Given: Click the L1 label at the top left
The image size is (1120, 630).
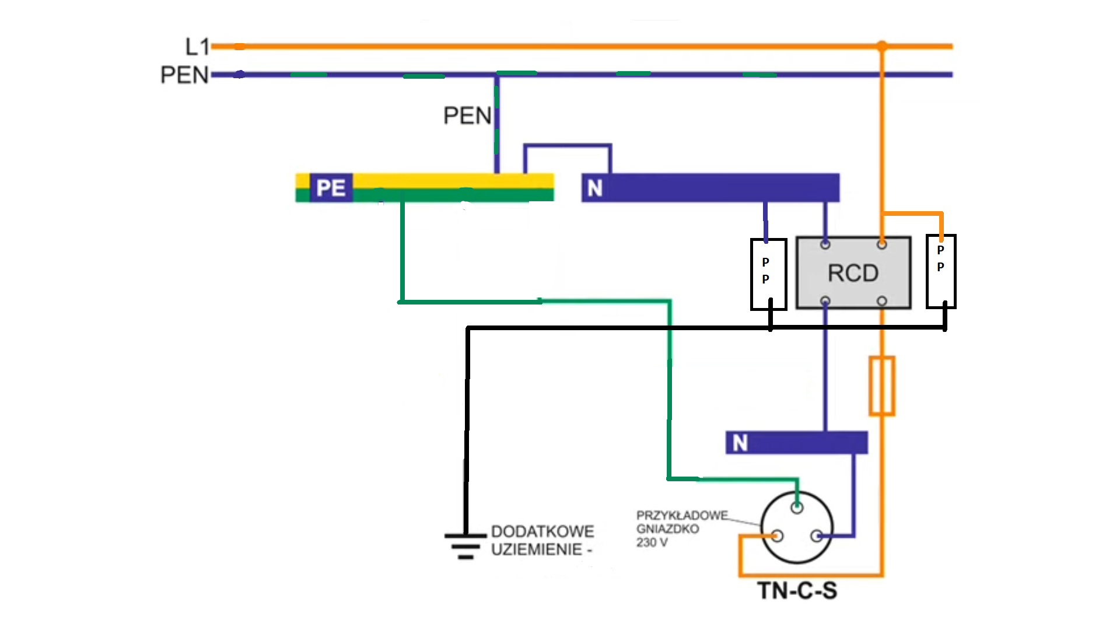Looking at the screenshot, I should point(197,47).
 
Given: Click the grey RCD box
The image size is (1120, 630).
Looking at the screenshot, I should point(853,272).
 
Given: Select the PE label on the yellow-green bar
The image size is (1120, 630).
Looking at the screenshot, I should point(331,188).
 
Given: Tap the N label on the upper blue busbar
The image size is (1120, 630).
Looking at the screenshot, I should point(594,188).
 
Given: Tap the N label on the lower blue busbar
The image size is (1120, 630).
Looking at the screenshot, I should point(740,443).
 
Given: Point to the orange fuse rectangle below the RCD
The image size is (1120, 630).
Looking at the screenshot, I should point(881,386).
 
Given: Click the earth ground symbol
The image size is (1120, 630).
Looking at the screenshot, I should point(465,545).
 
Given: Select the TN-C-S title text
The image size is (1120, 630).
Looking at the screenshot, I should point(797,590).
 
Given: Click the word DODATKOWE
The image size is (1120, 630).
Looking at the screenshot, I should point(542,531).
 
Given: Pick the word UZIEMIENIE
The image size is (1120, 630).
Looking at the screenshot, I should point(537,549).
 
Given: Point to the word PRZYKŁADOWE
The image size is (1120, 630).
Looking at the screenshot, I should point(682,516).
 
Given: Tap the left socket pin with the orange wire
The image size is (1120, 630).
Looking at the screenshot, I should point(777,535).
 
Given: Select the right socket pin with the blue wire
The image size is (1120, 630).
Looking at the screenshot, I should point(817,535).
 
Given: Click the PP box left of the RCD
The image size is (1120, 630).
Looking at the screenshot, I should point(768,274).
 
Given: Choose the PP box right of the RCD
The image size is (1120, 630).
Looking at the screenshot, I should point(940,271).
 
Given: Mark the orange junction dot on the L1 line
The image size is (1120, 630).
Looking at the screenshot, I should point(881,46).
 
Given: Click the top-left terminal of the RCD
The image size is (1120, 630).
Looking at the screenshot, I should point(825,244).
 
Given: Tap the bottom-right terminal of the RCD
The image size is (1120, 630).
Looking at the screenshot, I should point(881,301).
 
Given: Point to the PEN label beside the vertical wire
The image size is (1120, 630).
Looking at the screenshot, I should point(467,116).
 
